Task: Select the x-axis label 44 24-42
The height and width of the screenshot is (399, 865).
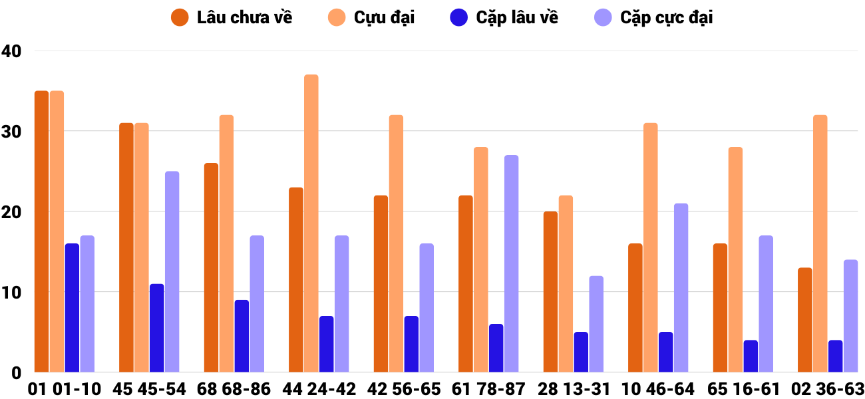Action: pyautogui.click(x=319, y=389)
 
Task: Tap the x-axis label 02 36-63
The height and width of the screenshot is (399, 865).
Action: pyautogui.click(x=828, y=389)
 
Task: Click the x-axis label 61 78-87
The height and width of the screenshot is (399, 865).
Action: pyautogui.click(x=488, y=389)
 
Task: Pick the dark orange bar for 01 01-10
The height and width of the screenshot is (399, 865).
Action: pyautogui.click(x=41, y=231)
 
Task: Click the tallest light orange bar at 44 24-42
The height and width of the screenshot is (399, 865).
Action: pyautogui.click(x=311, y=223)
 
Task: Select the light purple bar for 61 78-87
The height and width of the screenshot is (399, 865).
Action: pyautogui.click(x=511, y=263)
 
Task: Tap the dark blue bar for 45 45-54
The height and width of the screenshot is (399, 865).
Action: pyautogui.click(x=157, y=328)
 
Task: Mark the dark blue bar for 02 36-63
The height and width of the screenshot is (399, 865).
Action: pyautogui.click(x=836, y=356)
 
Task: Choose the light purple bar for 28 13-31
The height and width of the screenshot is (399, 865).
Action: pyautogui.click(x=596, y=324)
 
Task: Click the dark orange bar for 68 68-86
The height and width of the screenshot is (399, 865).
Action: pyautogui.click(x=211, y=267)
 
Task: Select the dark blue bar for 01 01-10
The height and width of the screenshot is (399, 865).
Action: pyautogui.click(x=72, y=308)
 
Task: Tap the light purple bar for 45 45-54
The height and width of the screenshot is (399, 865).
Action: pyautogui.click(x=172, y=271)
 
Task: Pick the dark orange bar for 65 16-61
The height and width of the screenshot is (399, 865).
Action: pyautogui.click(x=720, y=308)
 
